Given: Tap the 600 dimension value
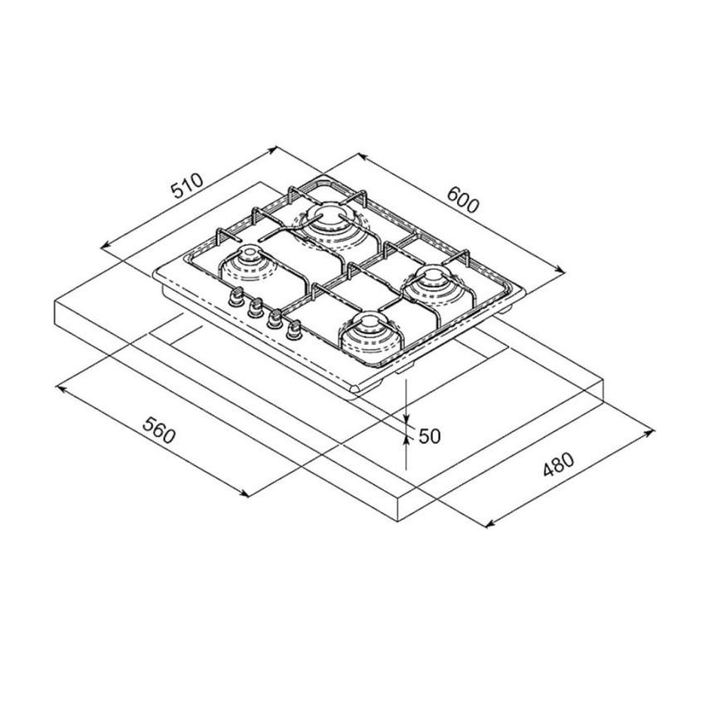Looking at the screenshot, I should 462,201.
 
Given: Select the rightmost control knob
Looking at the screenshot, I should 293,330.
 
